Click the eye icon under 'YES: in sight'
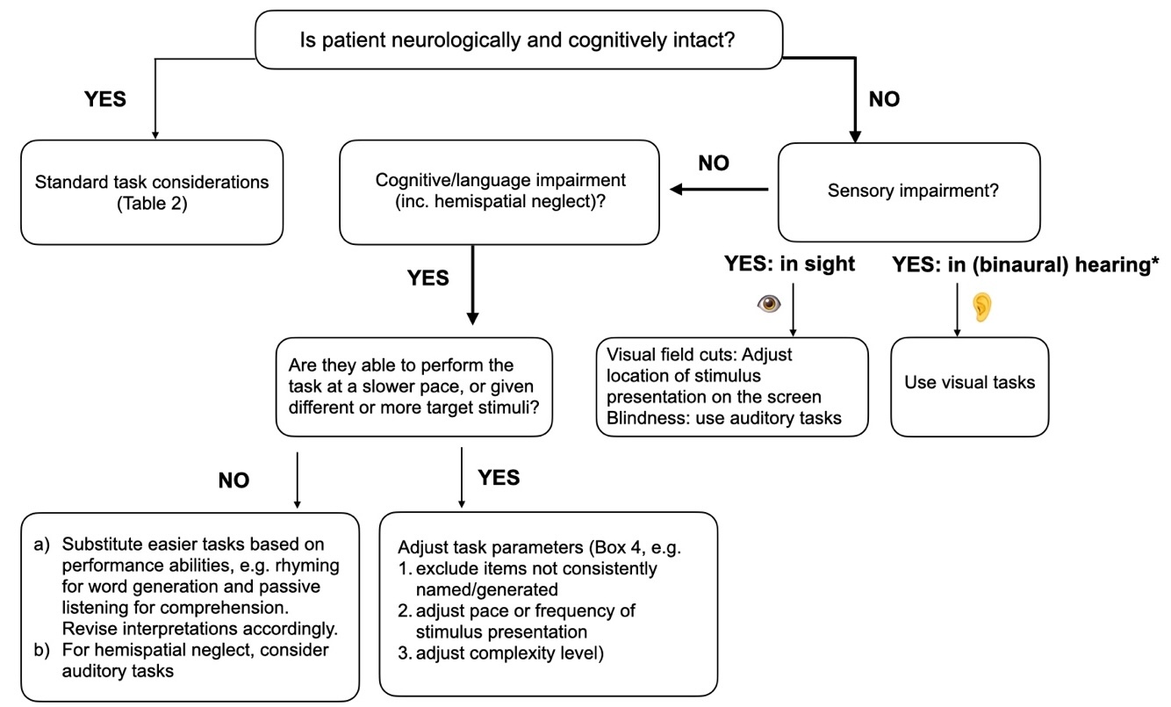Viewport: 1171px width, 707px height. [769, 303]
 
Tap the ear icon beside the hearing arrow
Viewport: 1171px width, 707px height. [981, 305]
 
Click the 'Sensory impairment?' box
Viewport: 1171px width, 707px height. [909, 191]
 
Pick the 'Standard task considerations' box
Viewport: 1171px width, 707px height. [152, 192]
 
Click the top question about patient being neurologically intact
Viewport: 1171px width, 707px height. [518, 40]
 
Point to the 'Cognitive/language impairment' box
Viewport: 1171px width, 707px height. [499, 192]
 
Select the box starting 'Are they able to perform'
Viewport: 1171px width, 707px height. [413, 386]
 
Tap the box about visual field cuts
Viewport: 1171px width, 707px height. [730, 386]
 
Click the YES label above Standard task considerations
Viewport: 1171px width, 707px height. [104, 99]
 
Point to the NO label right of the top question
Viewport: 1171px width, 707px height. [884, 99]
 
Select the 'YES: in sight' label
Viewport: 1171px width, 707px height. [789, 263]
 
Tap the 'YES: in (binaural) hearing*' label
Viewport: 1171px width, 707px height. [1025, 263]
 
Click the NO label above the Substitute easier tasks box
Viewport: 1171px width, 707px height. [233, 480]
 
